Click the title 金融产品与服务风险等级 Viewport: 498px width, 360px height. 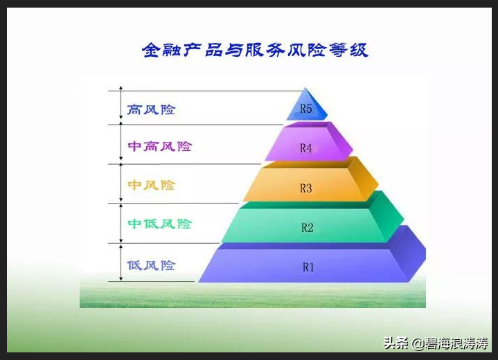[254, 51]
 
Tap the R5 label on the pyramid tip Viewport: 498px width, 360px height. [305, 109]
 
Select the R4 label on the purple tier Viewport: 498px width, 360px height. [306, 147]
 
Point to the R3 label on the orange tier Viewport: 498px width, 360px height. [306, 188]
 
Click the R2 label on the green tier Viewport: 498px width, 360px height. [308, 227]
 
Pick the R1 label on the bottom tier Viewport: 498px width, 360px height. [308, 267]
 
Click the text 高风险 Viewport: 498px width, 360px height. [151, 109]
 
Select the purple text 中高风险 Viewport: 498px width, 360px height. [159, 147]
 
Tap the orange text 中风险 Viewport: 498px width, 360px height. [151, 186]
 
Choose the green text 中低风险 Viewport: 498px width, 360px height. [159, 224]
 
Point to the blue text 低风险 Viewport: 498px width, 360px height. [151, 265]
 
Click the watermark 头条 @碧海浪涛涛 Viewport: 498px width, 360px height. [436, 343]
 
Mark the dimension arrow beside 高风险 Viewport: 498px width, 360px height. [121, 107]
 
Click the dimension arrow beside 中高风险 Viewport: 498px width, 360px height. [121, 144]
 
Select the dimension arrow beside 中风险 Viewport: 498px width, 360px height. [121, 183]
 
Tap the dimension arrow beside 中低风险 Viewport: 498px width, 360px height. [121, 223]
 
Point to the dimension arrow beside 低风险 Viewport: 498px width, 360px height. [121, 262]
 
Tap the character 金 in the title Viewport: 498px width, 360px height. [151, 51]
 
